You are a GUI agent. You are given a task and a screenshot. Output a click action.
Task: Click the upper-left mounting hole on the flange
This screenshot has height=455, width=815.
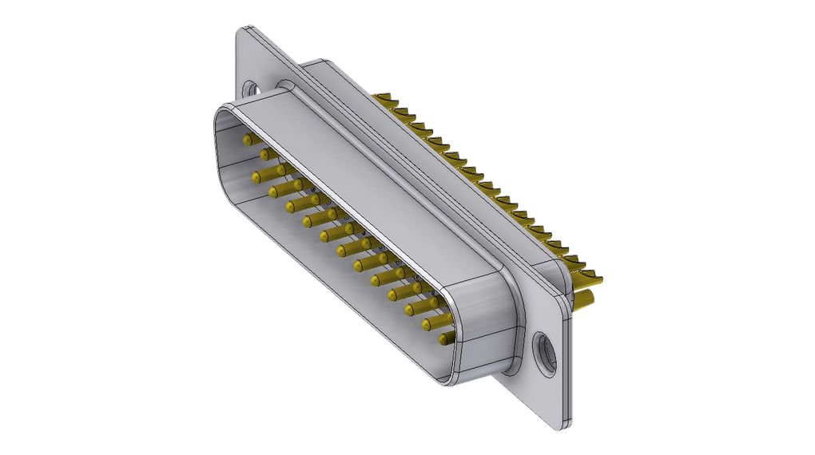click(252, 89)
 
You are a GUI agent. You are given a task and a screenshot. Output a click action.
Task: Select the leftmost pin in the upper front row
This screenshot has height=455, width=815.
click(245, 139)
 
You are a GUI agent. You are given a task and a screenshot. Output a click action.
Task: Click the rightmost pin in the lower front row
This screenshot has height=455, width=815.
click(445, 340)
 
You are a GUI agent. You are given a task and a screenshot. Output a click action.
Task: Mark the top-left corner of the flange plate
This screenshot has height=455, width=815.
click(241, 32)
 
